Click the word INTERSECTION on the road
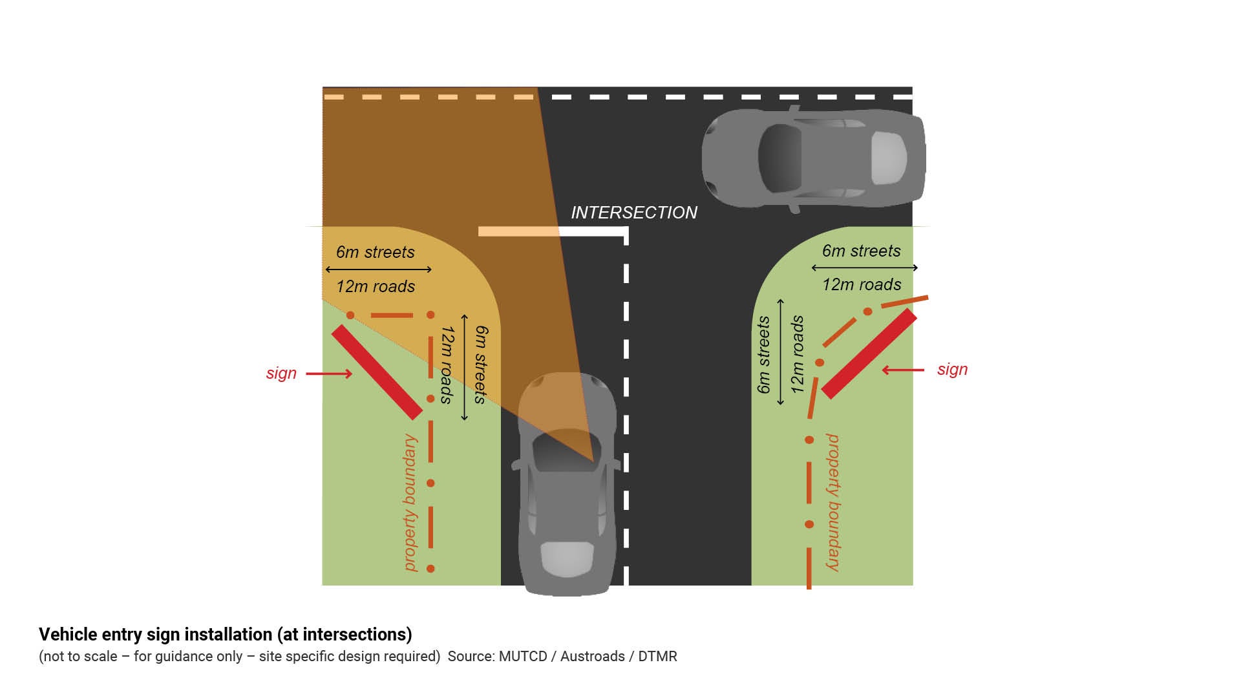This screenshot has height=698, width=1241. (633, 213)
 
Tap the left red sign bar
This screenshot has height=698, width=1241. (376, 372)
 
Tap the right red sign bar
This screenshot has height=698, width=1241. (869, 354)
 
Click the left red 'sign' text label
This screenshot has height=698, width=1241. (281, 374)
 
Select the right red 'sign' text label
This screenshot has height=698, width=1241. (952, 370)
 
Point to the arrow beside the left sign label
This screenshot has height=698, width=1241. (329, 374)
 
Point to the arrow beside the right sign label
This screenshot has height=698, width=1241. (903, 370)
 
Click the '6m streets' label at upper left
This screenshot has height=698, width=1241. (375, 252)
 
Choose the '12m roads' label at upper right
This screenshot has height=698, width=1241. (861, 284)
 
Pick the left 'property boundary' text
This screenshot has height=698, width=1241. (410, 502)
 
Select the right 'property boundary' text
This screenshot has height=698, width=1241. (833, 502)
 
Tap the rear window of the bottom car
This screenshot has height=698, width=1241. (567, 558)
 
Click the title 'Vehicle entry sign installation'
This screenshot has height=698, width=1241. (225, 635)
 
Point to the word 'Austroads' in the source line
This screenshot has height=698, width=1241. (592, 657)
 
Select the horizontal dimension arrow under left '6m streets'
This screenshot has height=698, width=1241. (378, 269)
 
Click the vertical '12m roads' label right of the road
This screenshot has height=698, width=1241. (798, 354)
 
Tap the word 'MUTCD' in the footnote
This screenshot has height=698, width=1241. (522, 657)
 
